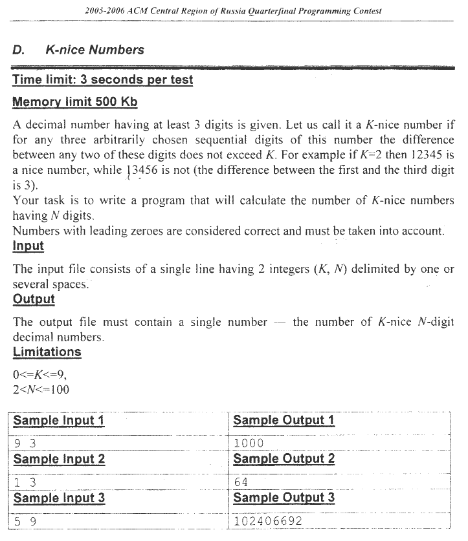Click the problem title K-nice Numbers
tap(95, 50)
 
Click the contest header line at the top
tap(233, 11)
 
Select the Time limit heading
tap(102, 80)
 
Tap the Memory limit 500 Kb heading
tap(75, 102)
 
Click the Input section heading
tap(28, 246)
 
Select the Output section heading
tap(34, 299)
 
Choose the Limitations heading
tap(47, 352)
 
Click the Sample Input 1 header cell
tap(59, 420)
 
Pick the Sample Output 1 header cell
tap(284, 420)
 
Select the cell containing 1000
tap(249, 443)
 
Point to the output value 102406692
tap(268, 521)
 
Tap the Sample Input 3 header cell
tap(59, 498)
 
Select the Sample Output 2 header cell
tap(284, 459)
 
